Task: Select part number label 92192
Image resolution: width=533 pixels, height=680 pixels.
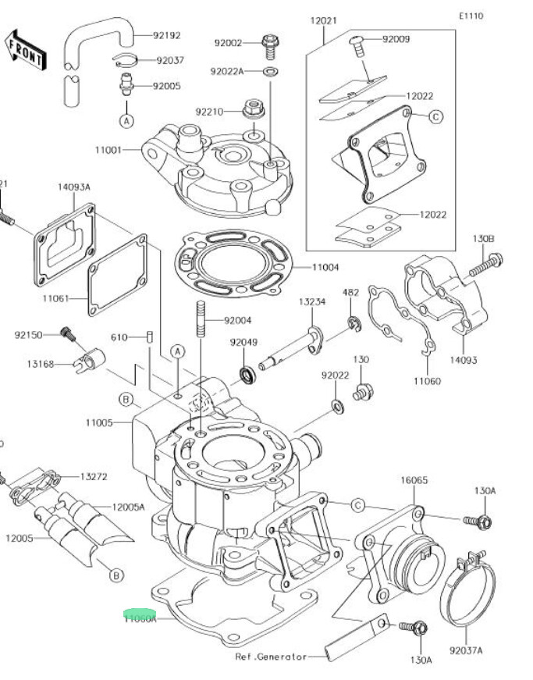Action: point(166,35)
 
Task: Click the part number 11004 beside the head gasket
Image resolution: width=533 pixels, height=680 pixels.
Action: point(325,268)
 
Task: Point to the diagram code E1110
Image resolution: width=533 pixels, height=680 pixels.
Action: point(471,16)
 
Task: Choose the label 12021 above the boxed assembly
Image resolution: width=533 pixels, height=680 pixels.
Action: point(323,21)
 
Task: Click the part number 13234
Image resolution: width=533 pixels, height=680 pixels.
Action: point(311,301)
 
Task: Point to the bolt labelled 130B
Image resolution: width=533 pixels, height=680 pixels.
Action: point(486,265)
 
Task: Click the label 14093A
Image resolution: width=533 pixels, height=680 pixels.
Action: point(74,187)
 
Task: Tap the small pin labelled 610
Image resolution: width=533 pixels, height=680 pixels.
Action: point(147,337)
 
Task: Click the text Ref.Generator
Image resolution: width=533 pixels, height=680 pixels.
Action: point(271,657)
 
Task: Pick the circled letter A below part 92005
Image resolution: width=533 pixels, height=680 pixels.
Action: point(126,120)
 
